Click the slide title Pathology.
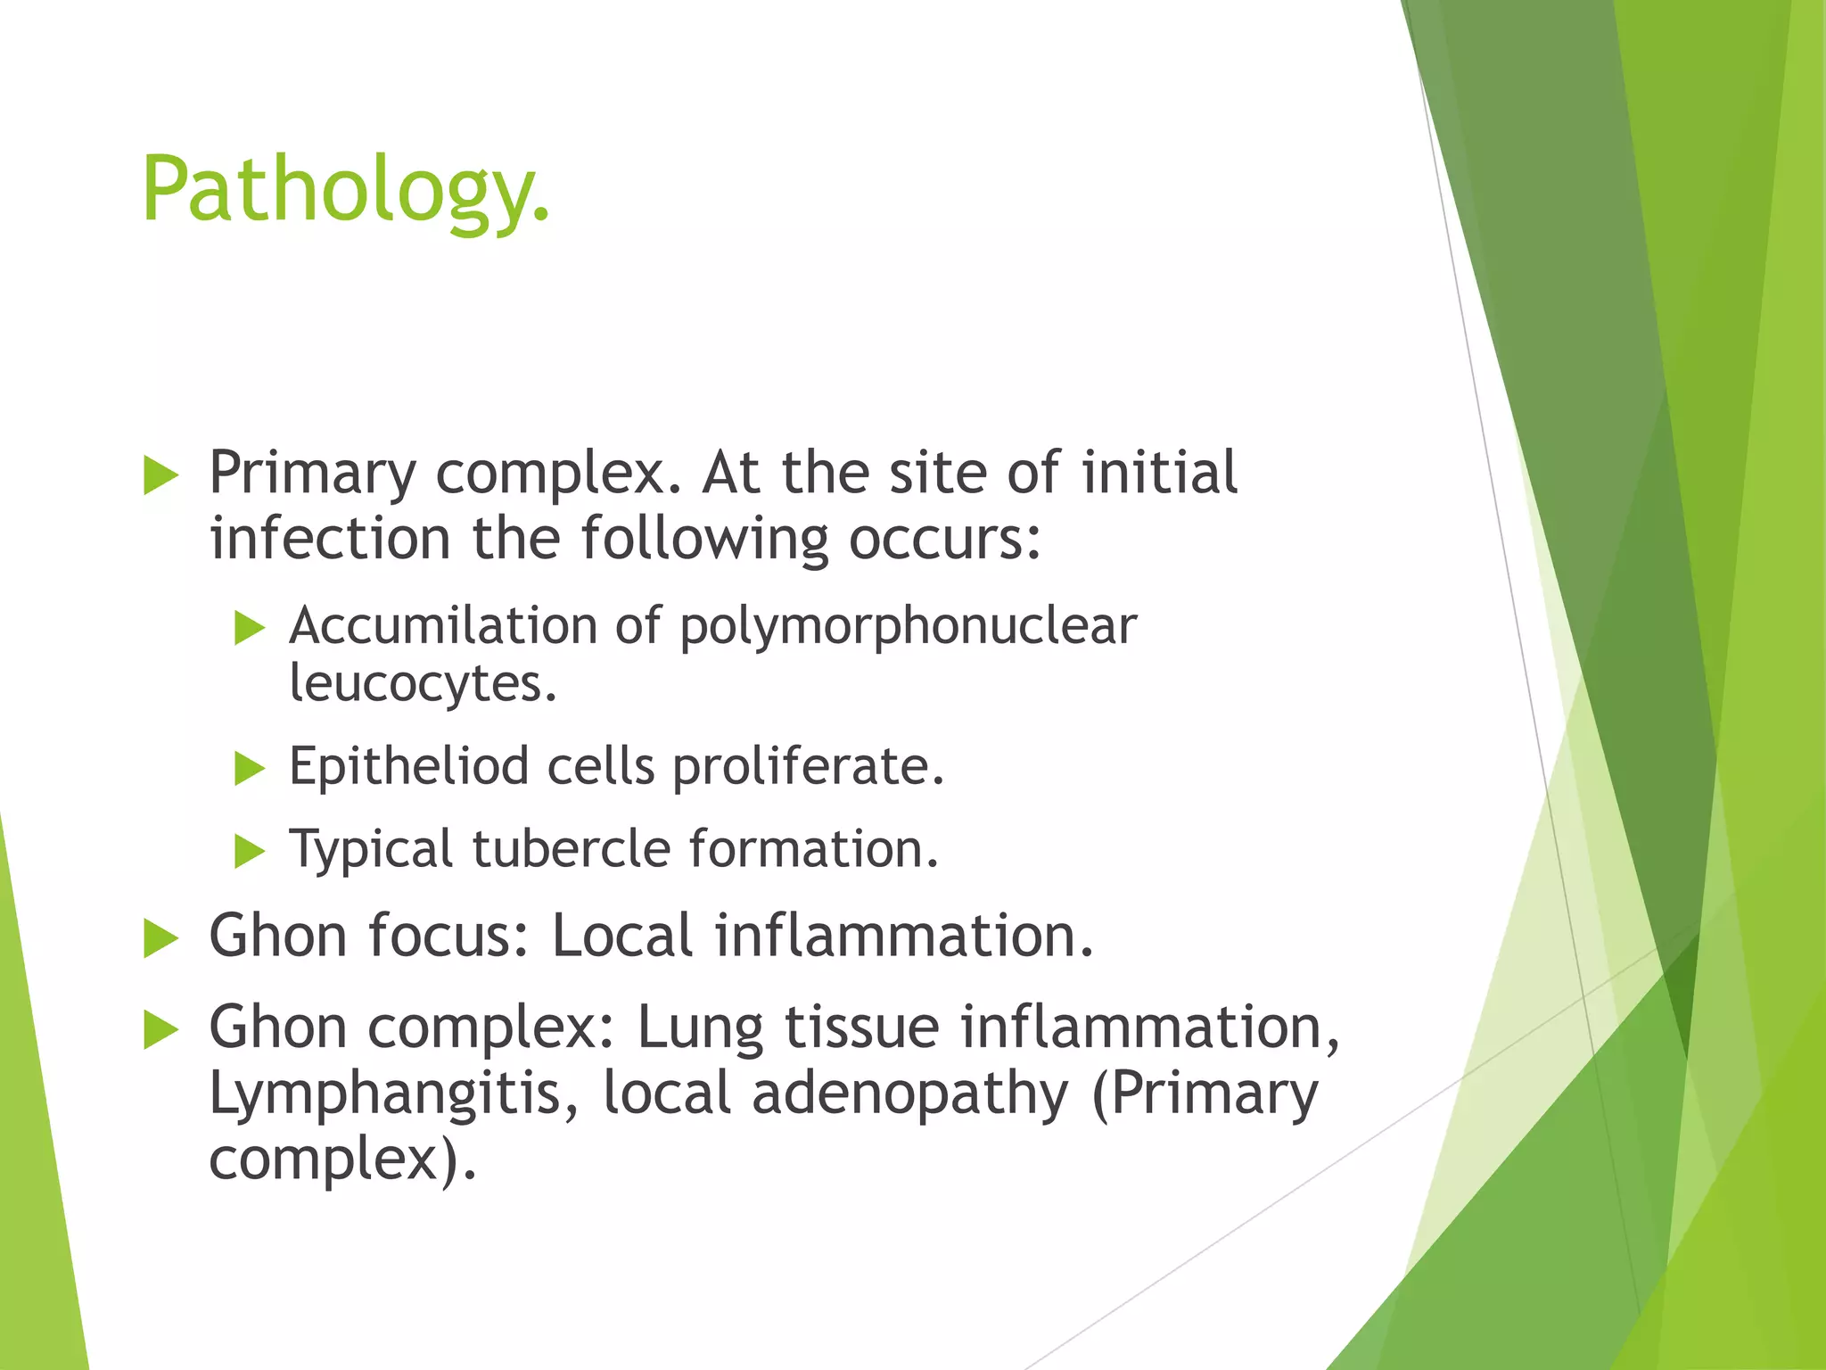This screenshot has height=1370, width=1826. [x=346, y=189]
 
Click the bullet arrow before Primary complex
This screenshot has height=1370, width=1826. [x=160, y=475]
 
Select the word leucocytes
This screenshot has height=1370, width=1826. [x=423, y=685]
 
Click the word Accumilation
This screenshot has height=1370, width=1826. [x=443, y=626]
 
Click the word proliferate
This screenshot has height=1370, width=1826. [x=808, y=767]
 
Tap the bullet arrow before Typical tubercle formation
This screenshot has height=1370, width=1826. [x=250, y=851]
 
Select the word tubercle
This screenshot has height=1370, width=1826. [x=572, y=848]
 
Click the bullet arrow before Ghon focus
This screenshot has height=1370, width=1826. [x=160, y=939]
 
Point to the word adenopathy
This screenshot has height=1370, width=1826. [x=909, y=1094]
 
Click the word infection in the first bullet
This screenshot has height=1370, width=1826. [x=330, y=539]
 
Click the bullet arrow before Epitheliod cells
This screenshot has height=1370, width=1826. [x=250, y=769]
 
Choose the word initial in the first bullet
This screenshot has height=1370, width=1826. [x=1159, y=472]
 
